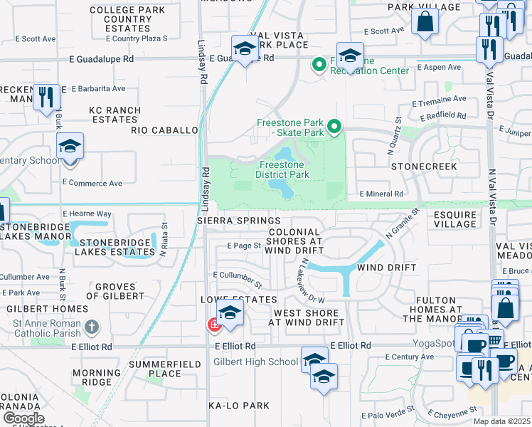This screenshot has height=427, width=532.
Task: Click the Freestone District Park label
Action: [x=282, y=169]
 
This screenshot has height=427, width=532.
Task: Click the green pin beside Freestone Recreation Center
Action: [x=319, y=65]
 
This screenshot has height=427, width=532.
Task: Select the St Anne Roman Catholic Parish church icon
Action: [x=91, y=327]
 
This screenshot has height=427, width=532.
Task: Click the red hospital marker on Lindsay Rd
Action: [x=213, y=325]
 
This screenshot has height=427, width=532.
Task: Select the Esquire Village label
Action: [x=455, y=219]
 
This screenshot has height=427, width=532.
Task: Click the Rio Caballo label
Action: [x=164, y=130]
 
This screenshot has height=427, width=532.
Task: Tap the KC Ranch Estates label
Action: [x=113, y=115]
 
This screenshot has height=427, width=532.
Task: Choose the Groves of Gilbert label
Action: [x=115, y=291]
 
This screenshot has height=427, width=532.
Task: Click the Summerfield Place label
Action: [x=155, y=369]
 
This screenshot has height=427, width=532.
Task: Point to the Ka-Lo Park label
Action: [x=238, y=406]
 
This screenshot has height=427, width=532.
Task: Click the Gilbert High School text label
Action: [x=256, y=362]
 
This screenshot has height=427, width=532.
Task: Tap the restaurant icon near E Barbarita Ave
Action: [x=46, y=96]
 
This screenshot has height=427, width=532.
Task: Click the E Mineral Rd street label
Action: [x=382, y=194]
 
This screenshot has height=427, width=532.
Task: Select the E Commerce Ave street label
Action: [x=92, y=183]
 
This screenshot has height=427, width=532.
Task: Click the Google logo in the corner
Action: [x=23, y=418]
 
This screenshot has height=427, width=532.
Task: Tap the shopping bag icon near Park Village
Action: [x=425, y=21]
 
